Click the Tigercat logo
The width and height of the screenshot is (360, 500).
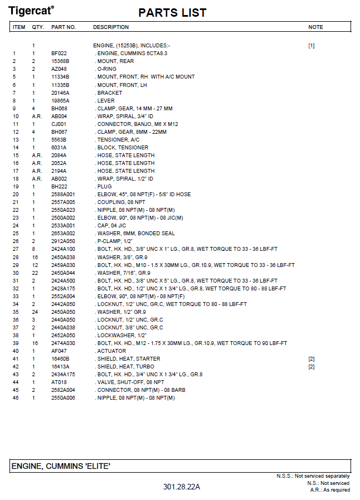coord(31,11)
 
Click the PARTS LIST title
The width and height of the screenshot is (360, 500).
coord(172,13)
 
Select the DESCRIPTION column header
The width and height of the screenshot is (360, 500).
coord(111,27)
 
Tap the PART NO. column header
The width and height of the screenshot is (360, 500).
coord(64,27)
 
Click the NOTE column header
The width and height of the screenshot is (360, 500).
coord(315,27)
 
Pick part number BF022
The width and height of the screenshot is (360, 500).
coord(59,53)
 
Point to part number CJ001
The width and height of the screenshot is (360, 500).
coord(59,124)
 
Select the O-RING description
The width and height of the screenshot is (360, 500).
coord(108,69)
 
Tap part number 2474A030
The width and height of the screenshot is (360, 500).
coord(63,343)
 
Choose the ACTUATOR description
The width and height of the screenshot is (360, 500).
coord(112,351)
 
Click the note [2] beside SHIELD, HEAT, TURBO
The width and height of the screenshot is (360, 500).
coord(311,367)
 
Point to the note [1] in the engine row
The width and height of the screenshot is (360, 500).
coord(311,45)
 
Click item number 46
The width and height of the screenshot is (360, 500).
coord(16,398)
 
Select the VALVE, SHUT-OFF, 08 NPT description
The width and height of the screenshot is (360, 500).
coord(130,382)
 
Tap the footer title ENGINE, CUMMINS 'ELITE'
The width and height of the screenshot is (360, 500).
coord(61,465)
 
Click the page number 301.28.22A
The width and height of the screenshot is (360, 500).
coord(181,487)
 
